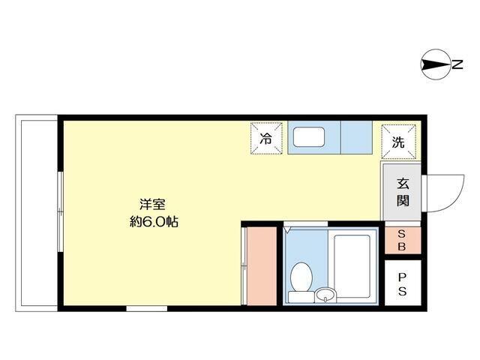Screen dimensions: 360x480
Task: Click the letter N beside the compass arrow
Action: point(457,66)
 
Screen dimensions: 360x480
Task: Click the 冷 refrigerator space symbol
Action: point(266,138)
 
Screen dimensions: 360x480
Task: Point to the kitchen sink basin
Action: point(308,138)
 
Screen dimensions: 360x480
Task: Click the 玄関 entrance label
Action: point(403,192)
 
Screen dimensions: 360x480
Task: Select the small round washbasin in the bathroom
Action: point(325,292)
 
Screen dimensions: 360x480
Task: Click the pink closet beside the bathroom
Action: point(259,264)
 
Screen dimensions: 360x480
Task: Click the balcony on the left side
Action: point(37,211)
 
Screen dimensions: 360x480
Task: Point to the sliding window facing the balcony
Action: point(59,211)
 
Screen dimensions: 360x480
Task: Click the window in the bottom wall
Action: point(146,307)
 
